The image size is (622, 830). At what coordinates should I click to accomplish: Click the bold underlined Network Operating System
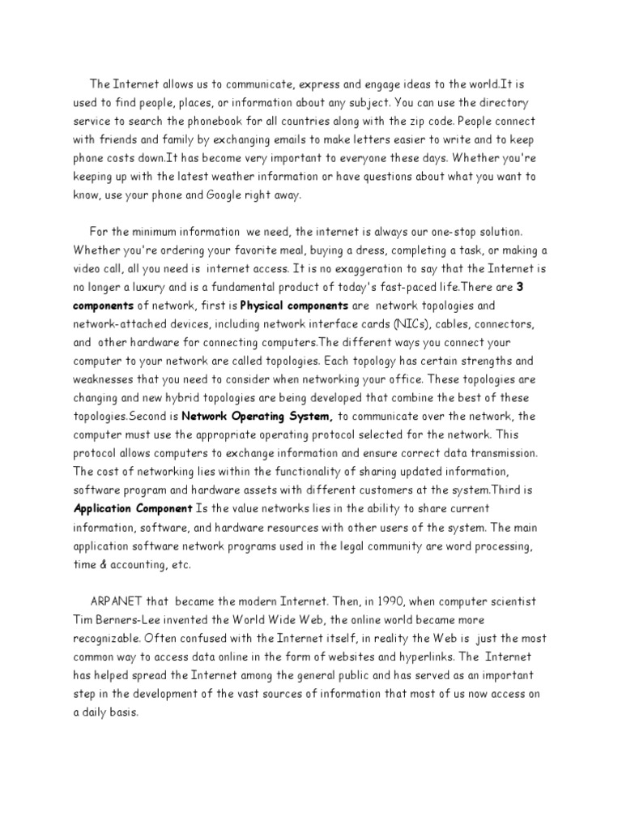[x=258, y=417]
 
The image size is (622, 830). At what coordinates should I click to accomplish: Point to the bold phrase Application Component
[x=133, y=509]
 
